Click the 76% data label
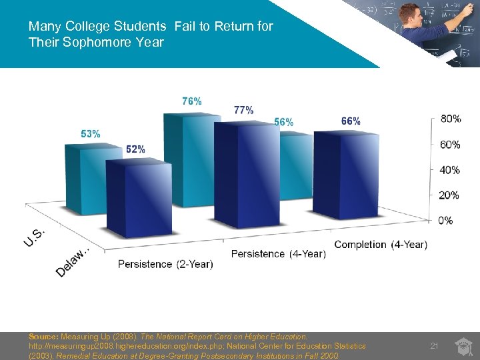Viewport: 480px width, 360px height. [x=192, y=101]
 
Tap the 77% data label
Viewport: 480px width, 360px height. [x=243, y=110]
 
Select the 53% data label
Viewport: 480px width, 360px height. [x=91, y=134]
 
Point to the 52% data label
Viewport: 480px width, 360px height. [x=135, y=149]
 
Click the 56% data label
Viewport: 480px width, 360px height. [x=283, y=122]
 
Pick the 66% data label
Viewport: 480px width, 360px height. [x=351, y=121]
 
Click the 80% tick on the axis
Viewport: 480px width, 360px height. [x=450, y=119]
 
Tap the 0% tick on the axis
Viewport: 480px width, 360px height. [x=445, y=221]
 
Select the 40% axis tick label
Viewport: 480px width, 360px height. [x=450, y=170]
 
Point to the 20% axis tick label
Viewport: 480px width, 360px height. [x=450, y=195]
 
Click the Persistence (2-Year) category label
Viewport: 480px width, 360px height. [x=165, y=264]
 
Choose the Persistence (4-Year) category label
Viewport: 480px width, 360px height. [x=278, y=254]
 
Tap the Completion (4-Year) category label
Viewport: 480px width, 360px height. [x=381, y=245]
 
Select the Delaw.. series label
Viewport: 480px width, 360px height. [x=72, y=263]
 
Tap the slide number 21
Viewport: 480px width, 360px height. [x=434, y=345]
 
